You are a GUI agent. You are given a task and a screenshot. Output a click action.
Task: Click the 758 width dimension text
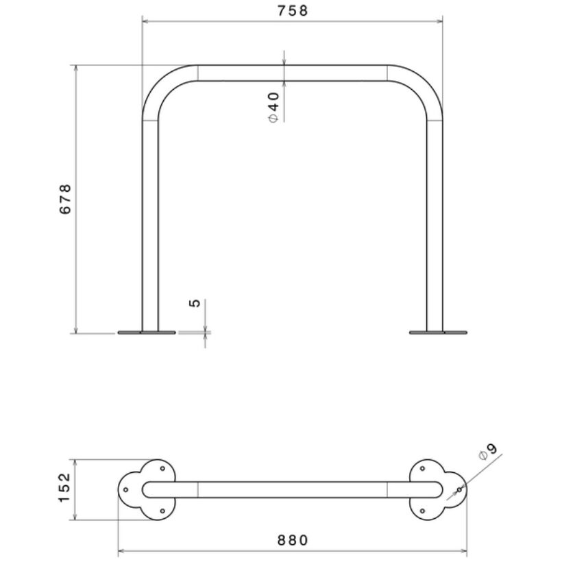click(293, 11)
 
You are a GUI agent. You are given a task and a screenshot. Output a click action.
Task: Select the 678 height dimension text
click(65, 199)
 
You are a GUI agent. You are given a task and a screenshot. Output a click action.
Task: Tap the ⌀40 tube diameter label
click(273, 108)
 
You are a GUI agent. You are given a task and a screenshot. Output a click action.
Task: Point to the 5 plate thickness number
click(195, 303)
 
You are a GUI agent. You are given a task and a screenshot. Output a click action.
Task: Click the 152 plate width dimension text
click(65, 487)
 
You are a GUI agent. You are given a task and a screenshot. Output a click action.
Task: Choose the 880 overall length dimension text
click(293, 540)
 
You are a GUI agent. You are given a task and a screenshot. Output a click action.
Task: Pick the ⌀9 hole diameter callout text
click(488, 452)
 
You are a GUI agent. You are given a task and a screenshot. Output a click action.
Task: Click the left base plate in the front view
click(147, 332)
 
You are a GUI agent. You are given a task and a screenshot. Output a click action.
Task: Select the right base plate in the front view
click(438, 332)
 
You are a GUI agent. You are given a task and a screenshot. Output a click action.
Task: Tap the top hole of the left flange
click(162, 469)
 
